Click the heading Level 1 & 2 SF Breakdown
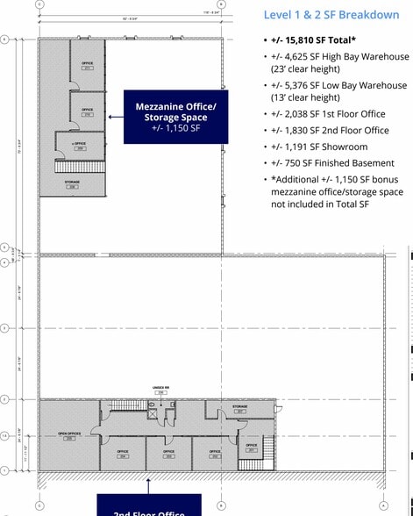(x=331, y=15)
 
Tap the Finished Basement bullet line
(x=328, y=163)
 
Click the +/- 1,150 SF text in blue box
(x=175, y=128)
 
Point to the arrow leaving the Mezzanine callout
(x=114, y=116)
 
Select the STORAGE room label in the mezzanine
(x=72, y=183)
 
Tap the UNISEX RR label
(x=160, y=387)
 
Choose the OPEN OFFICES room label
(x=69, y=434)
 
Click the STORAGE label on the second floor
(x=239, y=407)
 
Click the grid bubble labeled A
(x=383, y=505)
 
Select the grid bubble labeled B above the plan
(x=220, y=4)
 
